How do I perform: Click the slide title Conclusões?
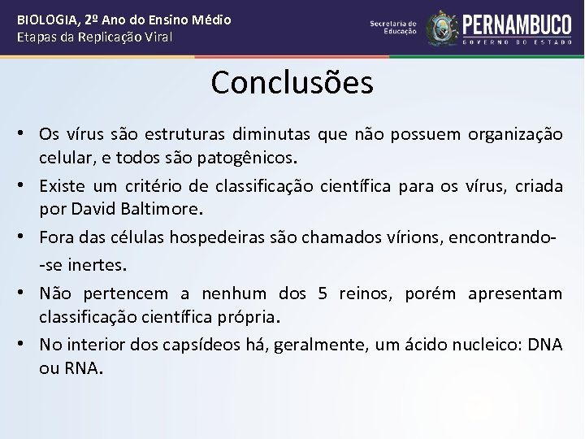click(292, 82)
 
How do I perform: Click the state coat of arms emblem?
click(442, 28)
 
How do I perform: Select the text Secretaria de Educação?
click(393, 28)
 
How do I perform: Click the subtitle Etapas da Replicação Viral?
click(94, 37)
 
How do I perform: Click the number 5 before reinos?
click(323, 293)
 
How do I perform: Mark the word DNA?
click(544, 346)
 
